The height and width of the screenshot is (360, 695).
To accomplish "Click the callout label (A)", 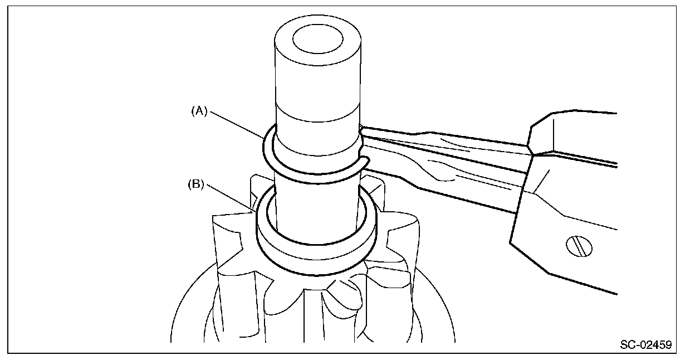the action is click(x=199, y=111).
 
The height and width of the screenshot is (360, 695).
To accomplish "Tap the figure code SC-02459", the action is click(x=645, y=345).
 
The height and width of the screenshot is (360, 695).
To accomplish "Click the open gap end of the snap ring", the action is click(x=364, y=162).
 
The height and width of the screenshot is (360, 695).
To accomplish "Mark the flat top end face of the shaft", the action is click(x=317, y=42).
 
